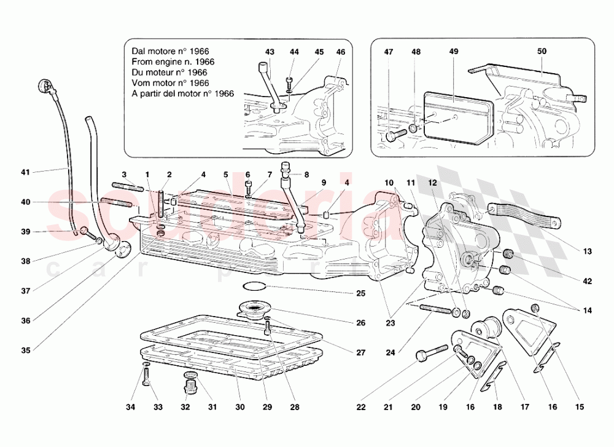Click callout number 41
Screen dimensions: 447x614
point(25,172)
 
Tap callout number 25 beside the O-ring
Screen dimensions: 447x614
point(344,293)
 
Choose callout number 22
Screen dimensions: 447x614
point(361,406)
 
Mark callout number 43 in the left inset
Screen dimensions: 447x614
point(270,52)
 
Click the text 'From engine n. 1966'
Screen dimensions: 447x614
point(173,61)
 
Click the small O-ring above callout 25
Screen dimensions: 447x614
point(254,286)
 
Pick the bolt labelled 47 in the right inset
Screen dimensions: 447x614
point(396,135)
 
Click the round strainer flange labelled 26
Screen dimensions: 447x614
point(252,307)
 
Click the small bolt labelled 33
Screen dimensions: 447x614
point(145,376)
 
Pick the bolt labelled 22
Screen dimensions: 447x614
point(431,352)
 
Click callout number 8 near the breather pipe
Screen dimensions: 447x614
point(306,175)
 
